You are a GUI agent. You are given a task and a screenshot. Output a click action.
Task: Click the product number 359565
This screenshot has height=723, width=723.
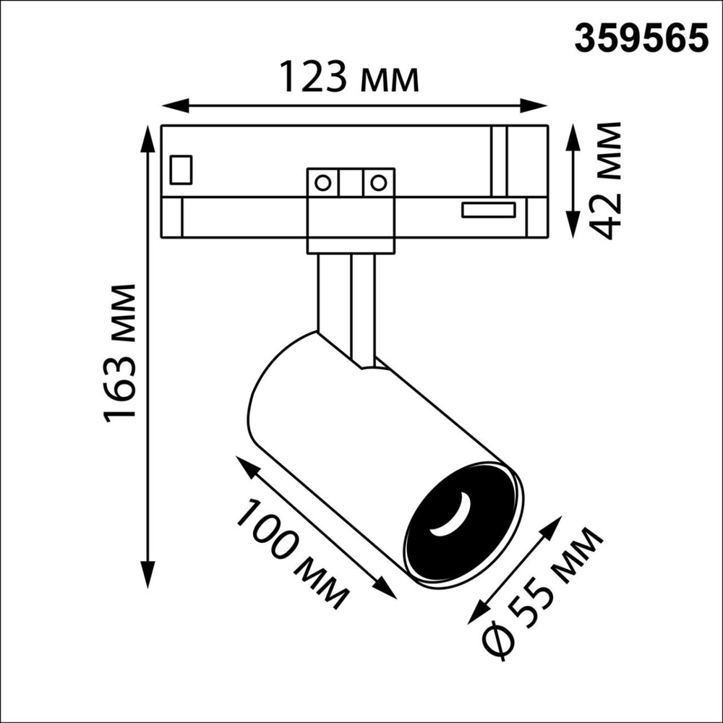[x=641, y=38]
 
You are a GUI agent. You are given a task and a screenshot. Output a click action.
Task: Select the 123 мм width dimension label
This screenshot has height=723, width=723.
[x=349, y=77]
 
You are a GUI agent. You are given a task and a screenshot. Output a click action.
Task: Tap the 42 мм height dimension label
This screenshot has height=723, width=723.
[x=606, y=181]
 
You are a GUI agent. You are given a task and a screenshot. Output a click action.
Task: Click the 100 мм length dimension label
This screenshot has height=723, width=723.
[x=293, y=553]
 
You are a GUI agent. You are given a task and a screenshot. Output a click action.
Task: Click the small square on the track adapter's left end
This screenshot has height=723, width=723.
[x=181, y=170]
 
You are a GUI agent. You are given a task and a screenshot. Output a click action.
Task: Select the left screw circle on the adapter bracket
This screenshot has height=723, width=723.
[x=324, y=182]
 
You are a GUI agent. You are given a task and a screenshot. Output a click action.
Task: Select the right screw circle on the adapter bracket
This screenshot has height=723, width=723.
[x=377, y=182]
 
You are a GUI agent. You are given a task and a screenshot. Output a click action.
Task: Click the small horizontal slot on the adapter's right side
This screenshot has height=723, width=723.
[x=489, y=210]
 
